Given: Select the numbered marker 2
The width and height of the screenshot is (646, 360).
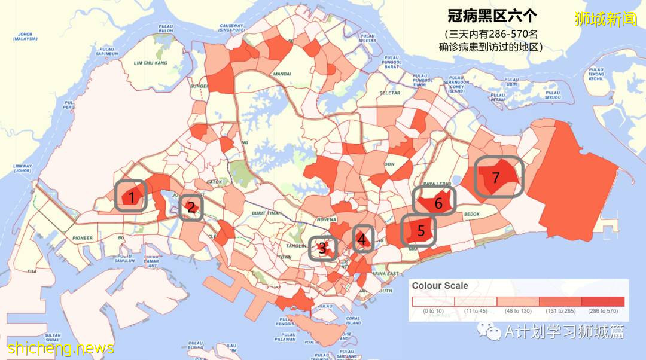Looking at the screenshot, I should point(191,208).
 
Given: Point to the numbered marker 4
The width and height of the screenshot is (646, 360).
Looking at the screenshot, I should point(362,239).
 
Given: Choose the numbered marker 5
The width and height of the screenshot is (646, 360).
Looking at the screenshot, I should point(420,230).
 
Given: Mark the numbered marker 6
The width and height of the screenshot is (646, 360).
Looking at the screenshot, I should point(438,203).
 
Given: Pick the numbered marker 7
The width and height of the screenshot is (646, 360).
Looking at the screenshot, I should point(495,177).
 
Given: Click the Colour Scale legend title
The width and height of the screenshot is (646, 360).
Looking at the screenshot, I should point(440,286).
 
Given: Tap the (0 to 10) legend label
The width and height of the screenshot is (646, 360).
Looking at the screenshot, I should point(433,312).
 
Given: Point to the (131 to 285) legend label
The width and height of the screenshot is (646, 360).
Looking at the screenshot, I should point(560,312).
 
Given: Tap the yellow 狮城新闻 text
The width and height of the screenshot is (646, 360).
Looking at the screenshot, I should point(605,19).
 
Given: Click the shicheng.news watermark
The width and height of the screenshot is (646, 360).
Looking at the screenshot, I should point(60,347).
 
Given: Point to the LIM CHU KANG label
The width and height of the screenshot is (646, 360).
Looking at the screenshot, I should point(151,63).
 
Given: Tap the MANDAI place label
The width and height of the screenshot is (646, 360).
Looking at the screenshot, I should point(282,75).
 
